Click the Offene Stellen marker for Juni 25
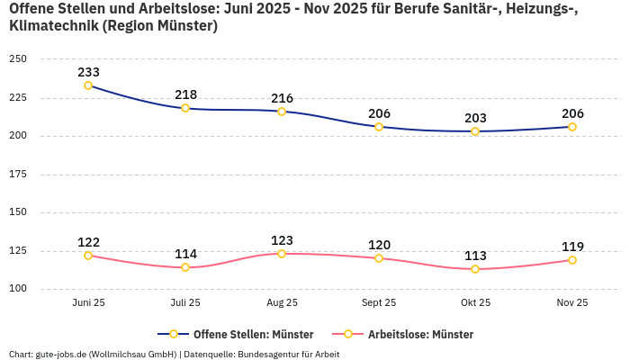click(88, 85)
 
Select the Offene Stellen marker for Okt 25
click(475, 131)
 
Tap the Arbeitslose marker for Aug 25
click(282, 254)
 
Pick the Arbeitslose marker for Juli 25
click(185, 267)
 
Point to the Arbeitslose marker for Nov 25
click(571, 260)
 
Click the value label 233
click(88, 72)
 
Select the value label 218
click(185, 94)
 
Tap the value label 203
click(475, 118)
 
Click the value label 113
click(475, 255)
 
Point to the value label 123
click(282, 240)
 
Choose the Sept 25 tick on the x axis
click(378, 302)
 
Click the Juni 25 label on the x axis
click(88, 302)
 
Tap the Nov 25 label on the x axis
click(571, 302)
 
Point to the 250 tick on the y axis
click(18, 59)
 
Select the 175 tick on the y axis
click(18, 175)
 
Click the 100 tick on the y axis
click(18, 289)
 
